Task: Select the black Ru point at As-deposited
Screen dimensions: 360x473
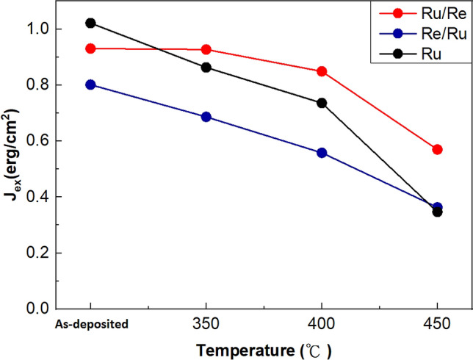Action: pos(90,23)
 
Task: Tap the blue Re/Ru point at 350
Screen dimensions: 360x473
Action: pos(206,117)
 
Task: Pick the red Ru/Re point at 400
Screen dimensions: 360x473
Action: pos(322,71)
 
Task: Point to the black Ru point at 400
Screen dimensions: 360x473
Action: pos(322,103)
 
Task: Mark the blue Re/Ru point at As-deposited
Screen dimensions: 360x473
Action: pos(90,84)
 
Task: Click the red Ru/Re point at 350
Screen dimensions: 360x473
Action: pos(206,49)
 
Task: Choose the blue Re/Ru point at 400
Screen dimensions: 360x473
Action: pos(322,153)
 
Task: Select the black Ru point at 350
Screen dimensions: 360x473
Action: pos(206,68)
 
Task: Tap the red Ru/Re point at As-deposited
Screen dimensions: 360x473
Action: pos(90,48)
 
